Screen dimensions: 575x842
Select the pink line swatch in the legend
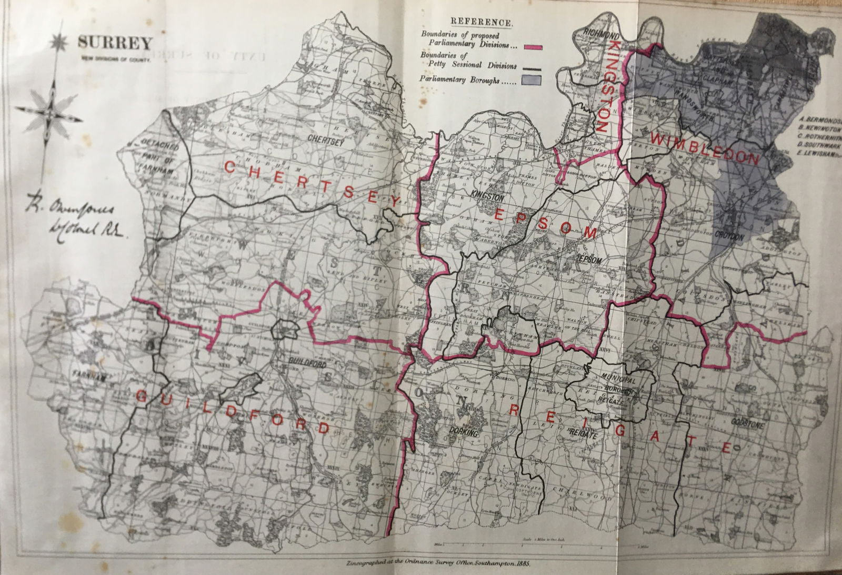532,47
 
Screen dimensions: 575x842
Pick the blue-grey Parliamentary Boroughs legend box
532,80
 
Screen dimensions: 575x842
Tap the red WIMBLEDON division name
705,149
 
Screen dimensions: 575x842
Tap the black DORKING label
464,433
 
